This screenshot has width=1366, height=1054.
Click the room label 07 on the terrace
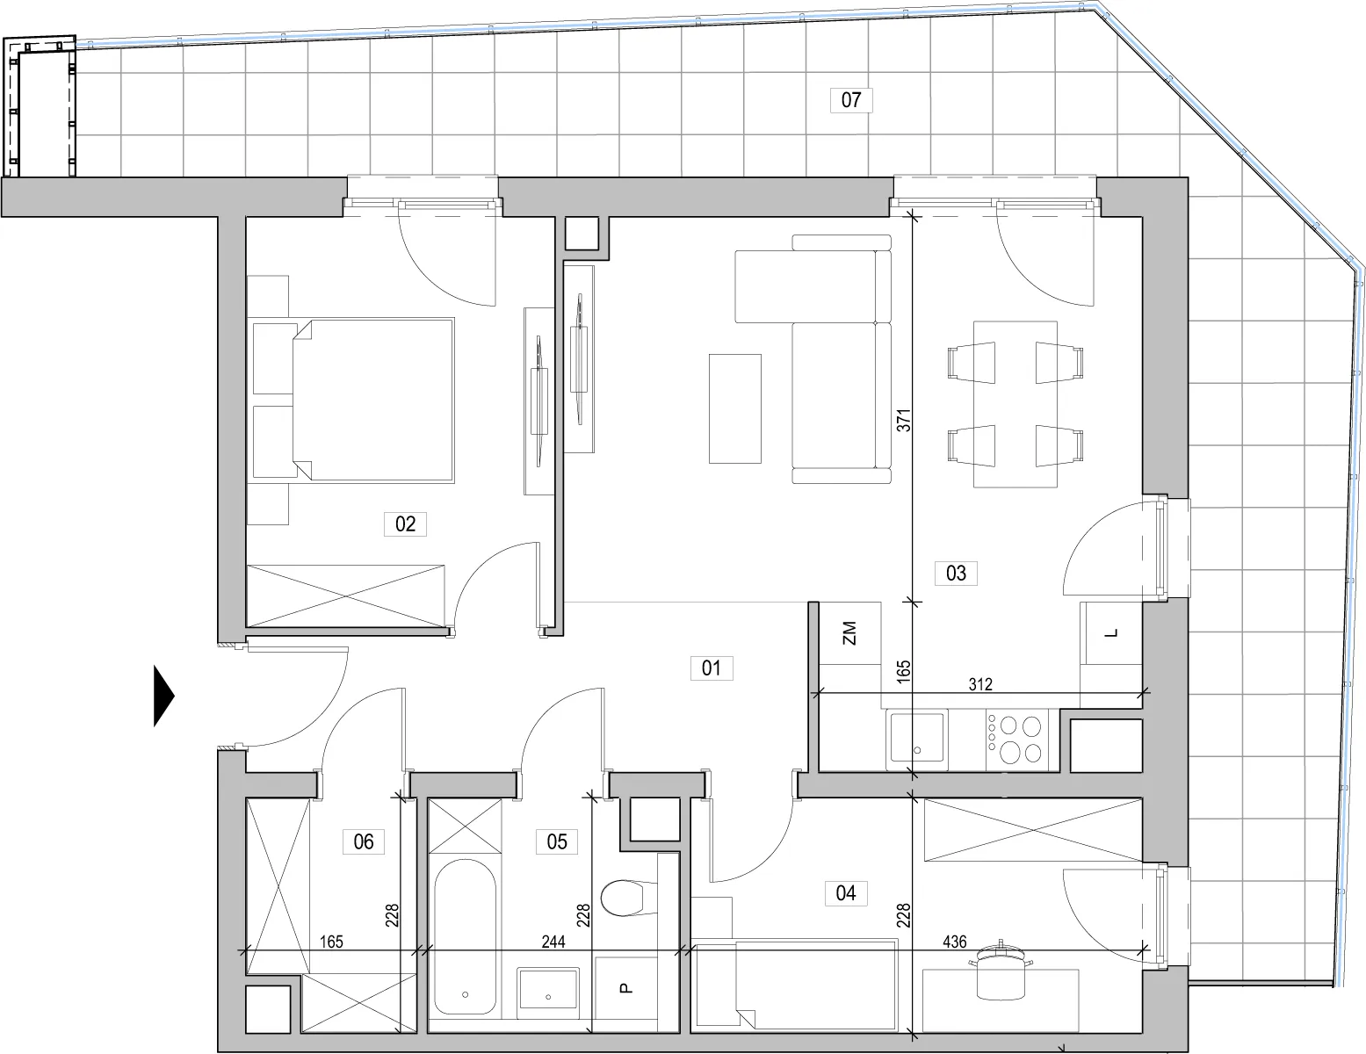(850, 100)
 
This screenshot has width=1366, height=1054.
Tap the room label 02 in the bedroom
(405, 523)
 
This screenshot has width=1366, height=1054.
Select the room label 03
(956, 573)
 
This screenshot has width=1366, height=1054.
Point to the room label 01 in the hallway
(711, 668)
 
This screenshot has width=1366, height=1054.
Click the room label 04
(845, 892)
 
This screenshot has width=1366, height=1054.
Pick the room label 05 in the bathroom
(556, 841)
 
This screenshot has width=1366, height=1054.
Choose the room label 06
(364, 841)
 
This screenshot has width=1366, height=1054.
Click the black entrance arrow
(163, 696)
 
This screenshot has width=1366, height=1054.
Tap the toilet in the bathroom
(629, 899)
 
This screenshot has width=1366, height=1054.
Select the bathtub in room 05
(465, 937)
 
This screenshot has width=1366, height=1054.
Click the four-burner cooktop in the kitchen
(1016, 740)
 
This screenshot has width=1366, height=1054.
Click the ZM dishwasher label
(849, 633)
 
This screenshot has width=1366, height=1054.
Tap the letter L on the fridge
(1111, 633)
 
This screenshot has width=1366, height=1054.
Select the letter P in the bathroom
(625, 988)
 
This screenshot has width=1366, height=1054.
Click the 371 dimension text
(903, 421)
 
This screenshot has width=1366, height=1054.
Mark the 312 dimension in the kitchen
(980, 684)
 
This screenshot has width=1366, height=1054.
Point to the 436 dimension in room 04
(954, 942)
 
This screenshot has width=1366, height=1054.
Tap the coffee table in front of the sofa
(735, 408)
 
